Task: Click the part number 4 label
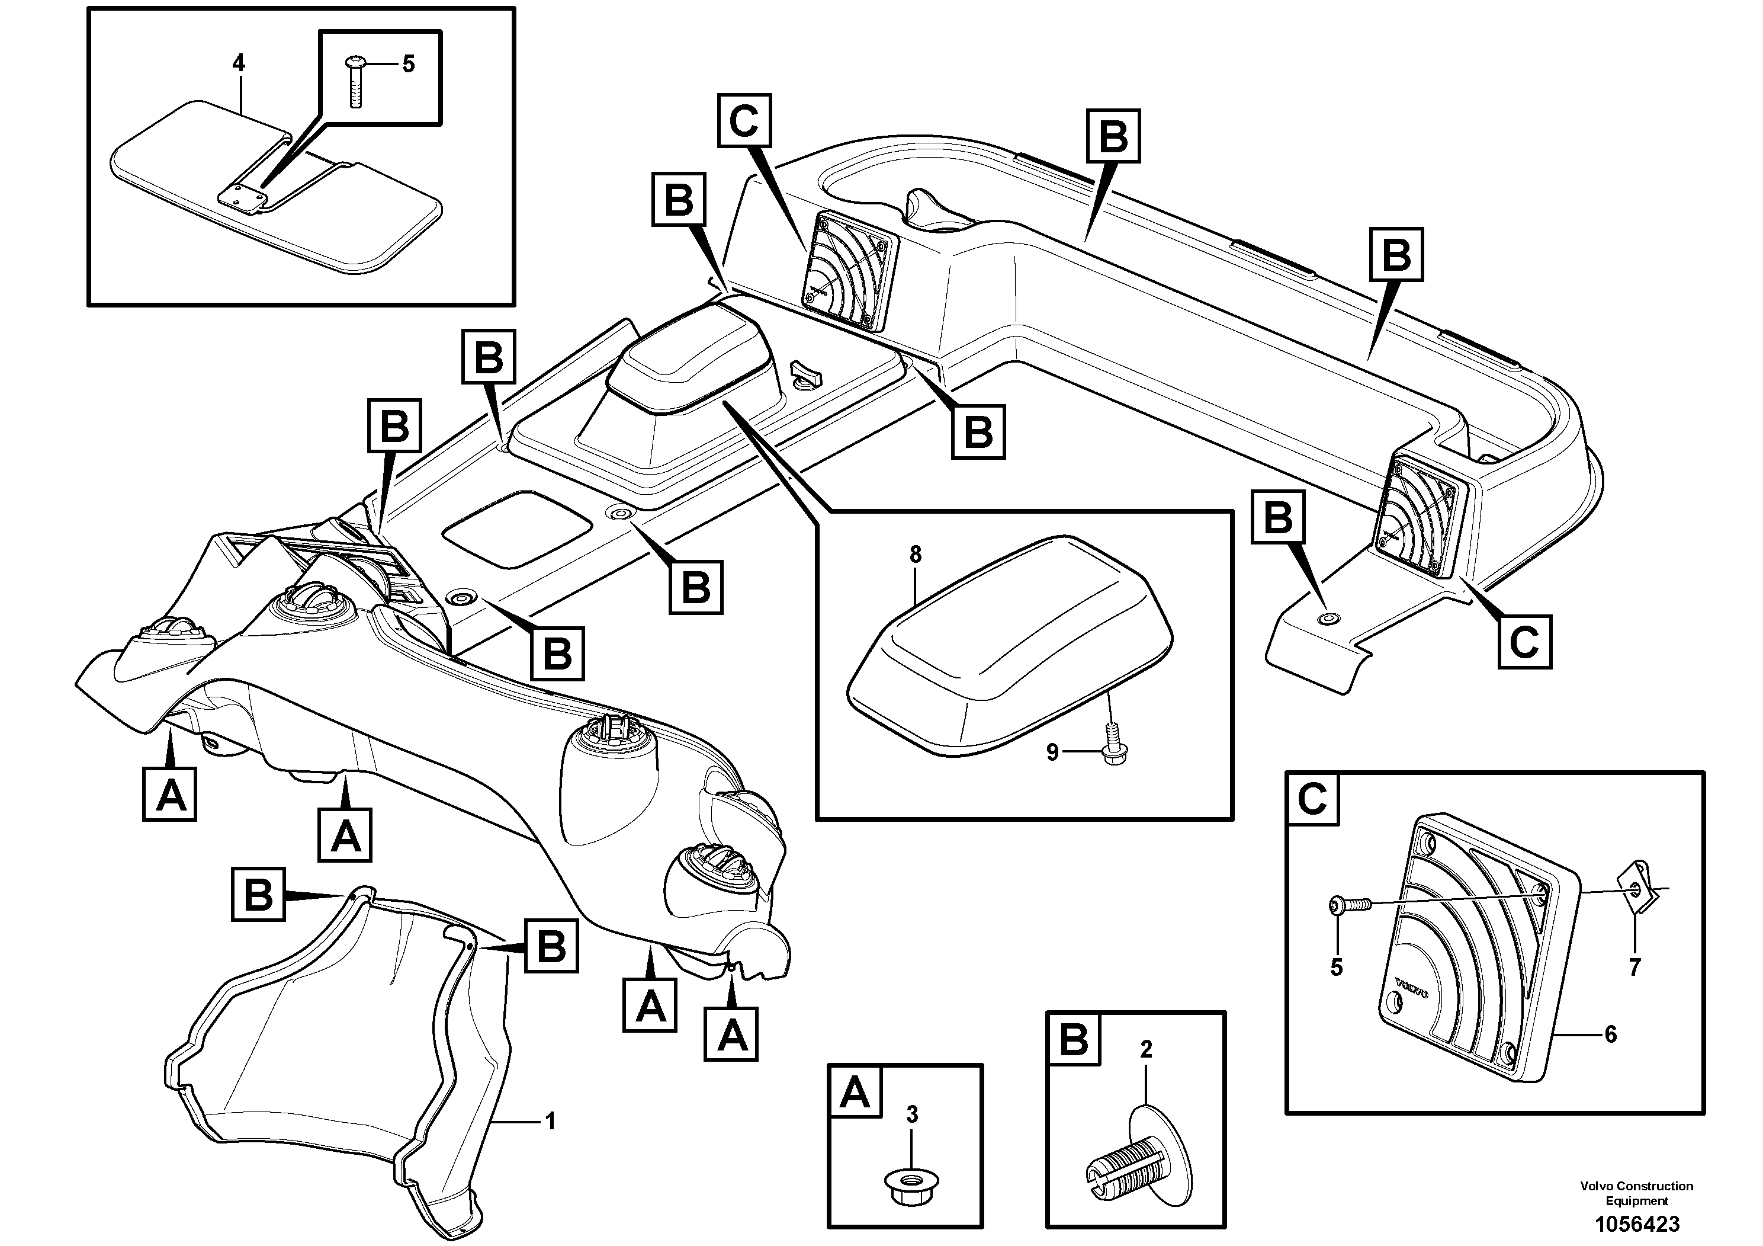point(239,63)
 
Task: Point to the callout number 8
point(914,555)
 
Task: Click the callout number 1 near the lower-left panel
point(549,1122)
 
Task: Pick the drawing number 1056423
point(1636,1223)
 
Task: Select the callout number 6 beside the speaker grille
point(1610,1034)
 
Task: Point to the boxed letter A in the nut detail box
point(855,1091)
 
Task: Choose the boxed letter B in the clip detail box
point(1072,1039)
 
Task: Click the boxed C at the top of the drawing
point(743,121)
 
